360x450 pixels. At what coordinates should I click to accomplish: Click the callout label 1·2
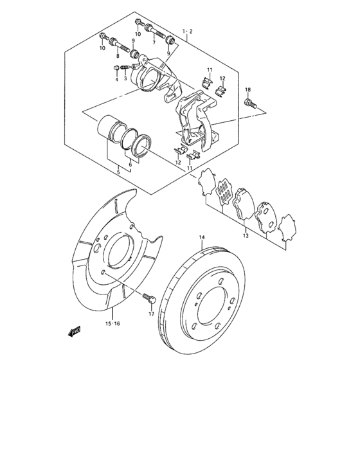point(187,31)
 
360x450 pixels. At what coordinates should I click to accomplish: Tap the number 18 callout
point(248,90)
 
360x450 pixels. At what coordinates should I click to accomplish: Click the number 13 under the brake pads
point(245,237)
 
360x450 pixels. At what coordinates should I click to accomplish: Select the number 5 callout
point(118,172)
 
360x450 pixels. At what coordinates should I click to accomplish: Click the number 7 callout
point(154,42)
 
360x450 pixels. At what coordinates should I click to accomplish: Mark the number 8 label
point(118,57)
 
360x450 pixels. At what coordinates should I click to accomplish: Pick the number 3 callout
point(126,78)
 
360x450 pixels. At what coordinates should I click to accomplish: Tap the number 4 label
point(116,79)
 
